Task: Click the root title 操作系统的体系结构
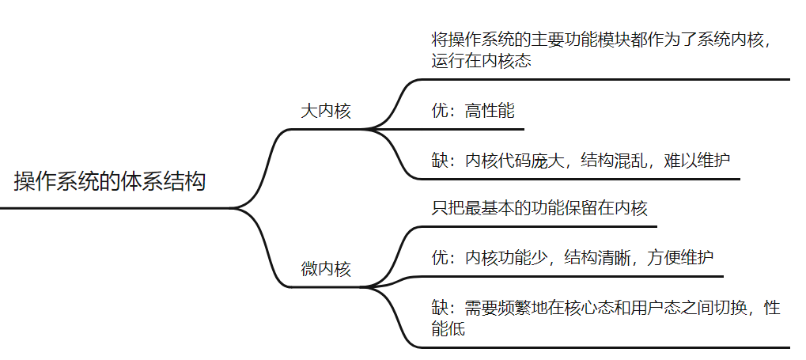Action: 109,181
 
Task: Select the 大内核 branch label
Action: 325,111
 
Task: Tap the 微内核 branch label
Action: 325,269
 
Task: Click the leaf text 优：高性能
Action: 472,111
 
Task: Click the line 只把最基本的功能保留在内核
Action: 539,209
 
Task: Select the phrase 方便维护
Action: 680,258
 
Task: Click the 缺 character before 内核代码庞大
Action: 440,160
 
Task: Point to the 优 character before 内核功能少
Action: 440,258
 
